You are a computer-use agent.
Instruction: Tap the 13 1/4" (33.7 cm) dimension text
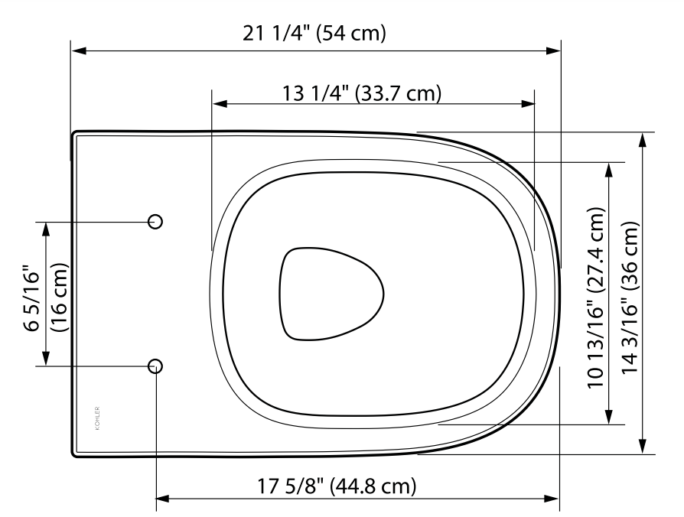coord(363,93)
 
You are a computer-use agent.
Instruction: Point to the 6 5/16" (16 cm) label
coord(44,297)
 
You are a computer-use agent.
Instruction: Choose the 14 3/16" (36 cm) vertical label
coord(629,298)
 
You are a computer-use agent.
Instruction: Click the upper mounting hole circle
coord(155,221)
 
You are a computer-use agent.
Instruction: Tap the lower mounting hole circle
coord(155,365)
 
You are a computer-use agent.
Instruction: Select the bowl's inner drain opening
coord(331,294)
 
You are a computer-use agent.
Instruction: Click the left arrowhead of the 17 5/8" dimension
coord(163,500)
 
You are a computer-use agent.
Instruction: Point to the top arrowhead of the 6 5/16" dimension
coord(46,227)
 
